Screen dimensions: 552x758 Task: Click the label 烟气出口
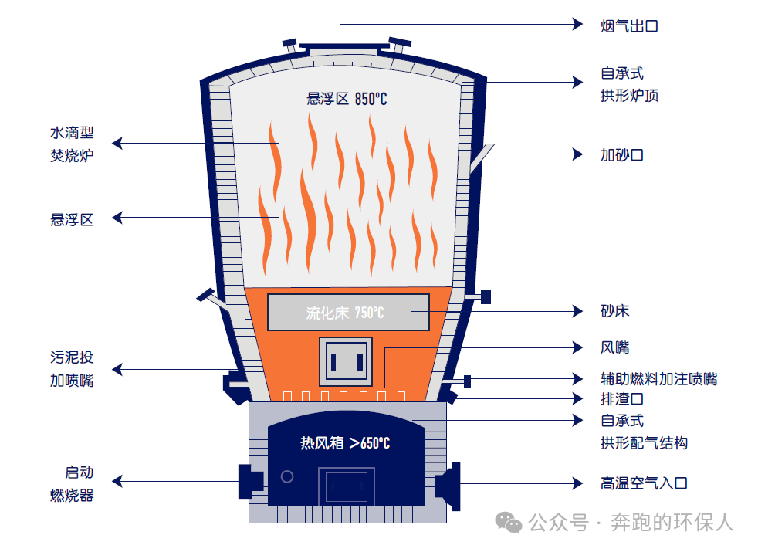click(x=629, y=26)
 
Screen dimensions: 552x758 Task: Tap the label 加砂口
click(x=621, y=154)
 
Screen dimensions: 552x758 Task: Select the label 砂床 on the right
click(x=614, y=311)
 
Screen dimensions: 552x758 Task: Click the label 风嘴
click(x=614, y=347)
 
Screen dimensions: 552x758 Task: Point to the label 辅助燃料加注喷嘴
click(x=658, y=379)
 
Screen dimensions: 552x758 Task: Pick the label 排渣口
click(x=621, y=399)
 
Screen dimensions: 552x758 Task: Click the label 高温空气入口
click(x=644, y=483)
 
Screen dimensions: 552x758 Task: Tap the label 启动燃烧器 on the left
click(x=72, y=484)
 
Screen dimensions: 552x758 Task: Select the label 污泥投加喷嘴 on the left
click(x=72, y=369)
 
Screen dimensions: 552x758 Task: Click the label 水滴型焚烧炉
click(x=72, y=144)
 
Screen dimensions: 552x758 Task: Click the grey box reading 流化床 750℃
click(x=347, y=313)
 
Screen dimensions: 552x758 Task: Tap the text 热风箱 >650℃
click(x=345, y=443)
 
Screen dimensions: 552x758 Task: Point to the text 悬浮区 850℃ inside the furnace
click(x=347, y=99)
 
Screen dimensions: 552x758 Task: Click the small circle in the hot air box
click(x=287, y=476)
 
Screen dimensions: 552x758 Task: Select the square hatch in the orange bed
click(x=346, y=361)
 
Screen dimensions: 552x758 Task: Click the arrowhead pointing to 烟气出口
click(x=578, y=24)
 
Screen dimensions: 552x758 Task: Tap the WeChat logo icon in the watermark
click(x=509, y=523)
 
